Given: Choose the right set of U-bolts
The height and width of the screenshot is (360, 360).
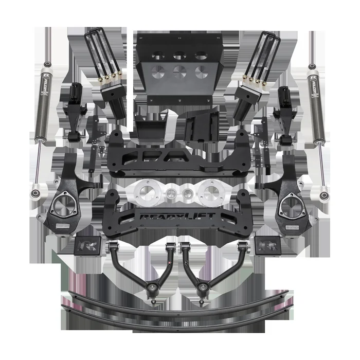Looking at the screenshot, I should [260, 51].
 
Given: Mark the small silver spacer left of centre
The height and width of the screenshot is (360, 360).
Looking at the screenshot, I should [168, 194].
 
